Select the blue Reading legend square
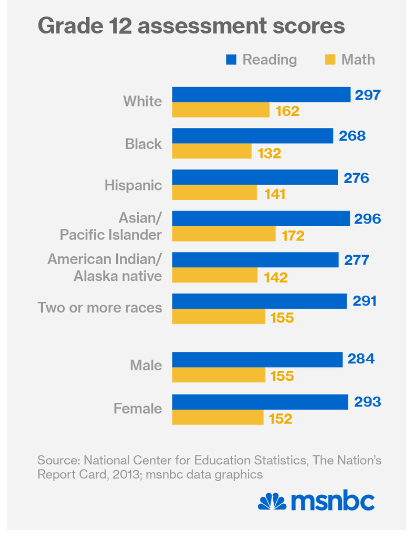[230, 60]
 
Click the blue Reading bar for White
[261, 94]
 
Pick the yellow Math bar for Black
[212, 151]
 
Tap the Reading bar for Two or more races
[259, 300]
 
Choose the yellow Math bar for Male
[218, 375]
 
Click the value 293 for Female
[367, 401]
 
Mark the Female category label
[141, 409]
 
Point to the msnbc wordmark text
[342, 501]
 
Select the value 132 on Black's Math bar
[269, 151]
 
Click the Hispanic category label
[133, 185]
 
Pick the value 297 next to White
[370, 94]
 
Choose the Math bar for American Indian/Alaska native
[215, 275]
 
